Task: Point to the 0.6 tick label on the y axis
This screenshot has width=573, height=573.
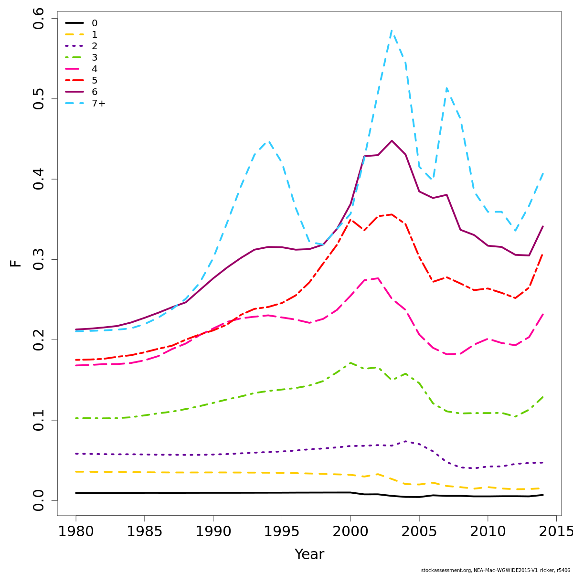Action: coord(39,19)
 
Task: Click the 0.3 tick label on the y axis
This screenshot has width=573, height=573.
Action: coord(39,259)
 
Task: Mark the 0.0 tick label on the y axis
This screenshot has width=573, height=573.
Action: coord(39,500)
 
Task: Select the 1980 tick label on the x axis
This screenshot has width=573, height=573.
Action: coord(75,531)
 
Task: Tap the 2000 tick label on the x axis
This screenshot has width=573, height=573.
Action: coord(350,531)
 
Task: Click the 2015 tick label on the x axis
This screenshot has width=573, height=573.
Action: coord(556,531)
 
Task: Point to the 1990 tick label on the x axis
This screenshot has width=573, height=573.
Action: coord(213,531)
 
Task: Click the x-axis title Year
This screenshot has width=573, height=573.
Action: coord(309,554)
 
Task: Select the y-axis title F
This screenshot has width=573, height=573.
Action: coord(16,263)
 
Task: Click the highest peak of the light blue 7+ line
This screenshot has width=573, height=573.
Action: coord(392,31)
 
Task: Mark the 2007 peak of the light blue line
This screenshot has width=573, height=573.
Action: coord(446,88)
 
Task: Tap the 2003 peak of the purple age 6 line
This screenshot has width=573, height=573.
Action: coord(392,141)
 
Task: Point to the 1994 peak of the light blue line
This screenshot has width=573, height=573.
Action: coord(268,141)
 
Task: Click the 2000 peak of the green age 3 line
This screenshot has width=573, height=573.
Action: coord(350,363)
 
